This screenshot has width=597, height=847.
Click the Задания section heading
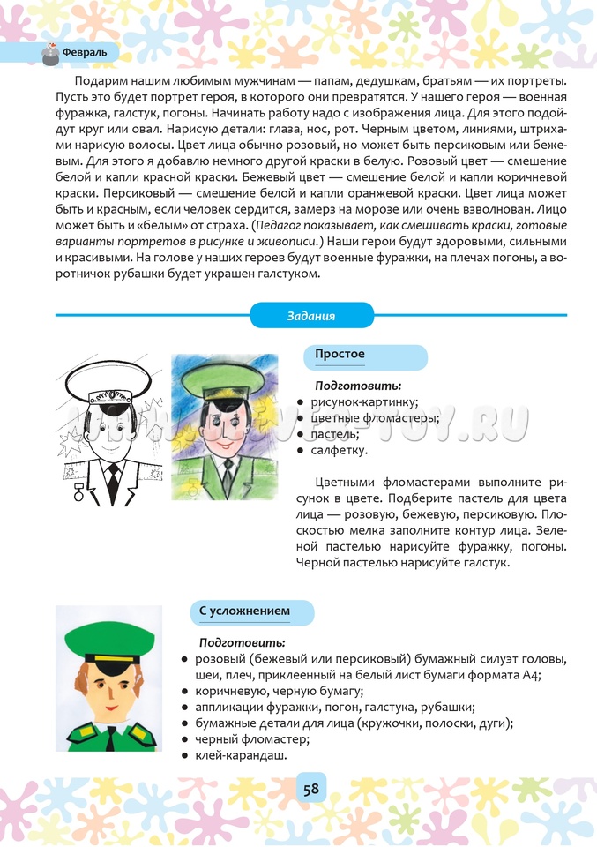pyautogui.click(x=310, y=315)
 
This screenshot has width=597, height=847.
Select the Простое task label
pyautogui.click(x=340, y=355)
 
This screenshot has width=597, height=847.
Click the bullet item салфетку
pyautogui.click(x=339, y=451)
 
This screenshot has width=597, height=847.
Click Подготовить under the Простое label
pyautogui.click(x=358, y=386)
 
